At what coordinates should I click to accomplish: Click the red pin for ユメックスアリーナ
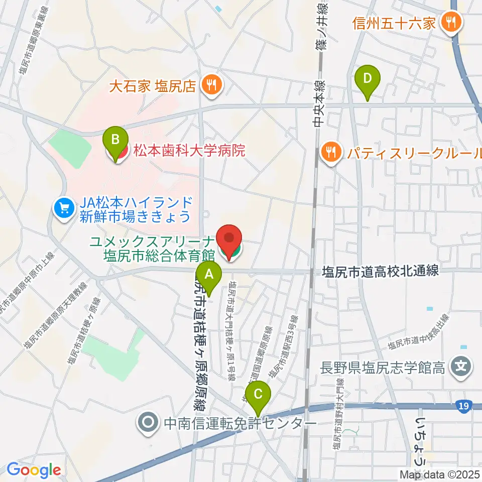pos(229,240)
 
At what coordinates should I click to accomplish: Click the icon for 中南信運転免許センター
pos(149,423)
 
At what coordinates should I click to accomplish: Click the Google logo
pos(34,470)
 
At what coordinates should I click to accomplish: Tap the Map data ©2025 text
pos(440,473)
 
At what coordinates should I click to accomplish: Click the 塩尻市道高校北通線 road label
pos(380,271)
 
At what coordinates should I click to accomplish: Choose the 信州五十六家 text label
pos(393,23)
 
